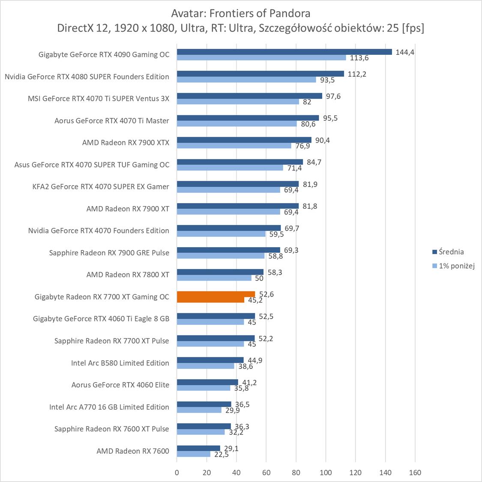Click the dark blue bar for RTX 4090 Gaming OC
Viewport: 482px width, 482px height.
pyautogui.click(x=284, y=52)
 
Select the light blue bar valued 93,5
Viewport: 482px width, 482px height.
pyautogui.click(x=246, y=80)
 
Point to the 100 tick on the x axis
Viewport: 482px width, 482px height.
pyautogui.click(x=326, y=473)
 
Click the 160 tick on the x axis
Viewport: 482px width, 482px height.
pyautogui.click(x=415, y=473)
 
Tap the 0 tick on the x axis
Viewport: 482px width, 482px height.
pyautogui.click(x=177, y=473)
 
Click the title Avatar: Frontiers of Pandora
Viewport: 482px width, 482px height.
pyautogui.click(x=240, y=13)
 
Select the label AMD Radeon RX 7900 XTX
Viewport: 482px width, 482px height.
pyautogui.click(x=126, y=143)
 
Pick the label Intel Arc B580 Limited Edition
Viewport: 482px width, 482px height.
pyautogui.click(x=120, y=363)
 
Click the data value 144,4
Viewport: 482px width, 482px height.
pyautogui.click(x=405, y=52)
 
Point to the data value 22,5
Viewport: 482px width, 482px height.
pyautogui.click(x=221, y=455)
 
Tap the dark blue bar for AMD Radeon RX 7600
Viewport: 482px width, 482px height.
pyautogui.click(x=198, y=448)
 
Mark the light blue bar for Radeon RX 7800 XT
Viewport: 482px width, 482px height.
pyautogui.click(x=214, y=278)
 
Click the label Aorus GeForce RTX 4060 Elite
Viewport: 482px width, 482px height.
pyautogui.click(x=120, y=385)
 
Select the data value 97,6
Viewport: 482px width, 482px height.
pyautogui.click(x=333, y=96)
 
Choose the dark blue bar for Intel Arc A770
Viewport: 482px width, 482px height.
pyautogui.click(x=204, y=404)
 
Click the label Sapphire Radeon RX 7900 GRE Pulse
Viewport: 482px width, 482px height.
pyautogui.click(x=109, y=253)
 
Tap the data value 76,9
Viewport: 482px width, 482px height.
pyautogui.click(x=302, y=146)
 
